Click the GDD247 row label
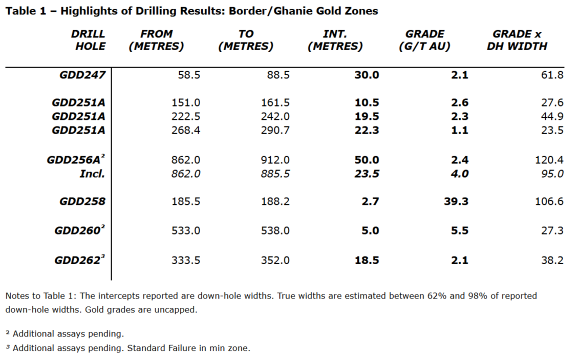pyautogui.click(x=82, y=75)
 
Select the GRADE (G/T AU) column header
pyautogui.click(x=425, y=40)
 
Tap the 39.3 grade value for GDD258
pyautogui.click(x=456, y=201)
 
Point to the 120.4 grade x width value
pyautogui.click(x=549, y=160)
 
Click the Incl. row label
pyautogui.click(x=92, y=174)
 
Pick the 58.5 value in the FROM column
pyautogui.click(x=189, y=75)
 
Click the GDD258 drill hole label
pyautogui.click(x=82, y=201)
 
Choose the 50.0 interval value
pyautogui.click(x=367, y=160)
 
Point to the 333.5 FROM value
pyautogui.click(x=186, y=260)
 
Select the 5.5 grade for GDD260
pyautogui.click(x=459, y=230)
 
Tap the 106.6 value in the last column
pyautogui.click(x=549, y=201)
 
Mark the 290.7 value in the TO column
pyautogui.click(x=275, y=130)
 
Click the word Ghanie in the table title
pyautogui.click(x=278, y=11)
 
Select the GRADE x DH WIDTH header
pyautogui.click(x=517, y=40)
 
